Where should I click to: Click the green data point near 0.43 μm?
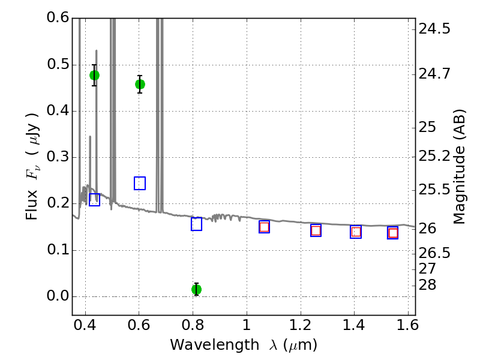tap(94, 75)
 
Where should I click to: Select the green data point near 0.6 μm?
tap(140, 84)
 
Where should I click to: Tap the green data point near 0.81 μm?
tap(196, 289)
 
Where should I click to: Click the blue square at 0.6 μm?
tap(140, 183)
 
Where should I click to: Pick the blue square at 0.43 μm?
tap(94, 200)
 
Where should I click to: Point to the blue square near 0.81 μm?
tap(196, 224)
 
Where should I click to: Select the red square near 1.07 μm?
tap(264, 227)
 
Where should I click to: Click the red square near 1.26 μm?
tap(316, 230)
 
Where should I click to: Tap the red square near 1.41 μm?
tap(356, 232)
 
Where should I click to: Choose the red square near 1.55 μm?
tap(393, 233)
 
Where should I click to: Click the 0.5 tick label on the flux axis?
tap(59, 65)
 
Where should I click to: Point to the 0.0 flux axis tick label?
tap(59, 296)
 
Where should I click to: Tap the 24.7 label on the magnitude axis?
tap(436, 74)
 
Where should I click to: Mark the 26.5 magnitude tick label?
tap(436, 253)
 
